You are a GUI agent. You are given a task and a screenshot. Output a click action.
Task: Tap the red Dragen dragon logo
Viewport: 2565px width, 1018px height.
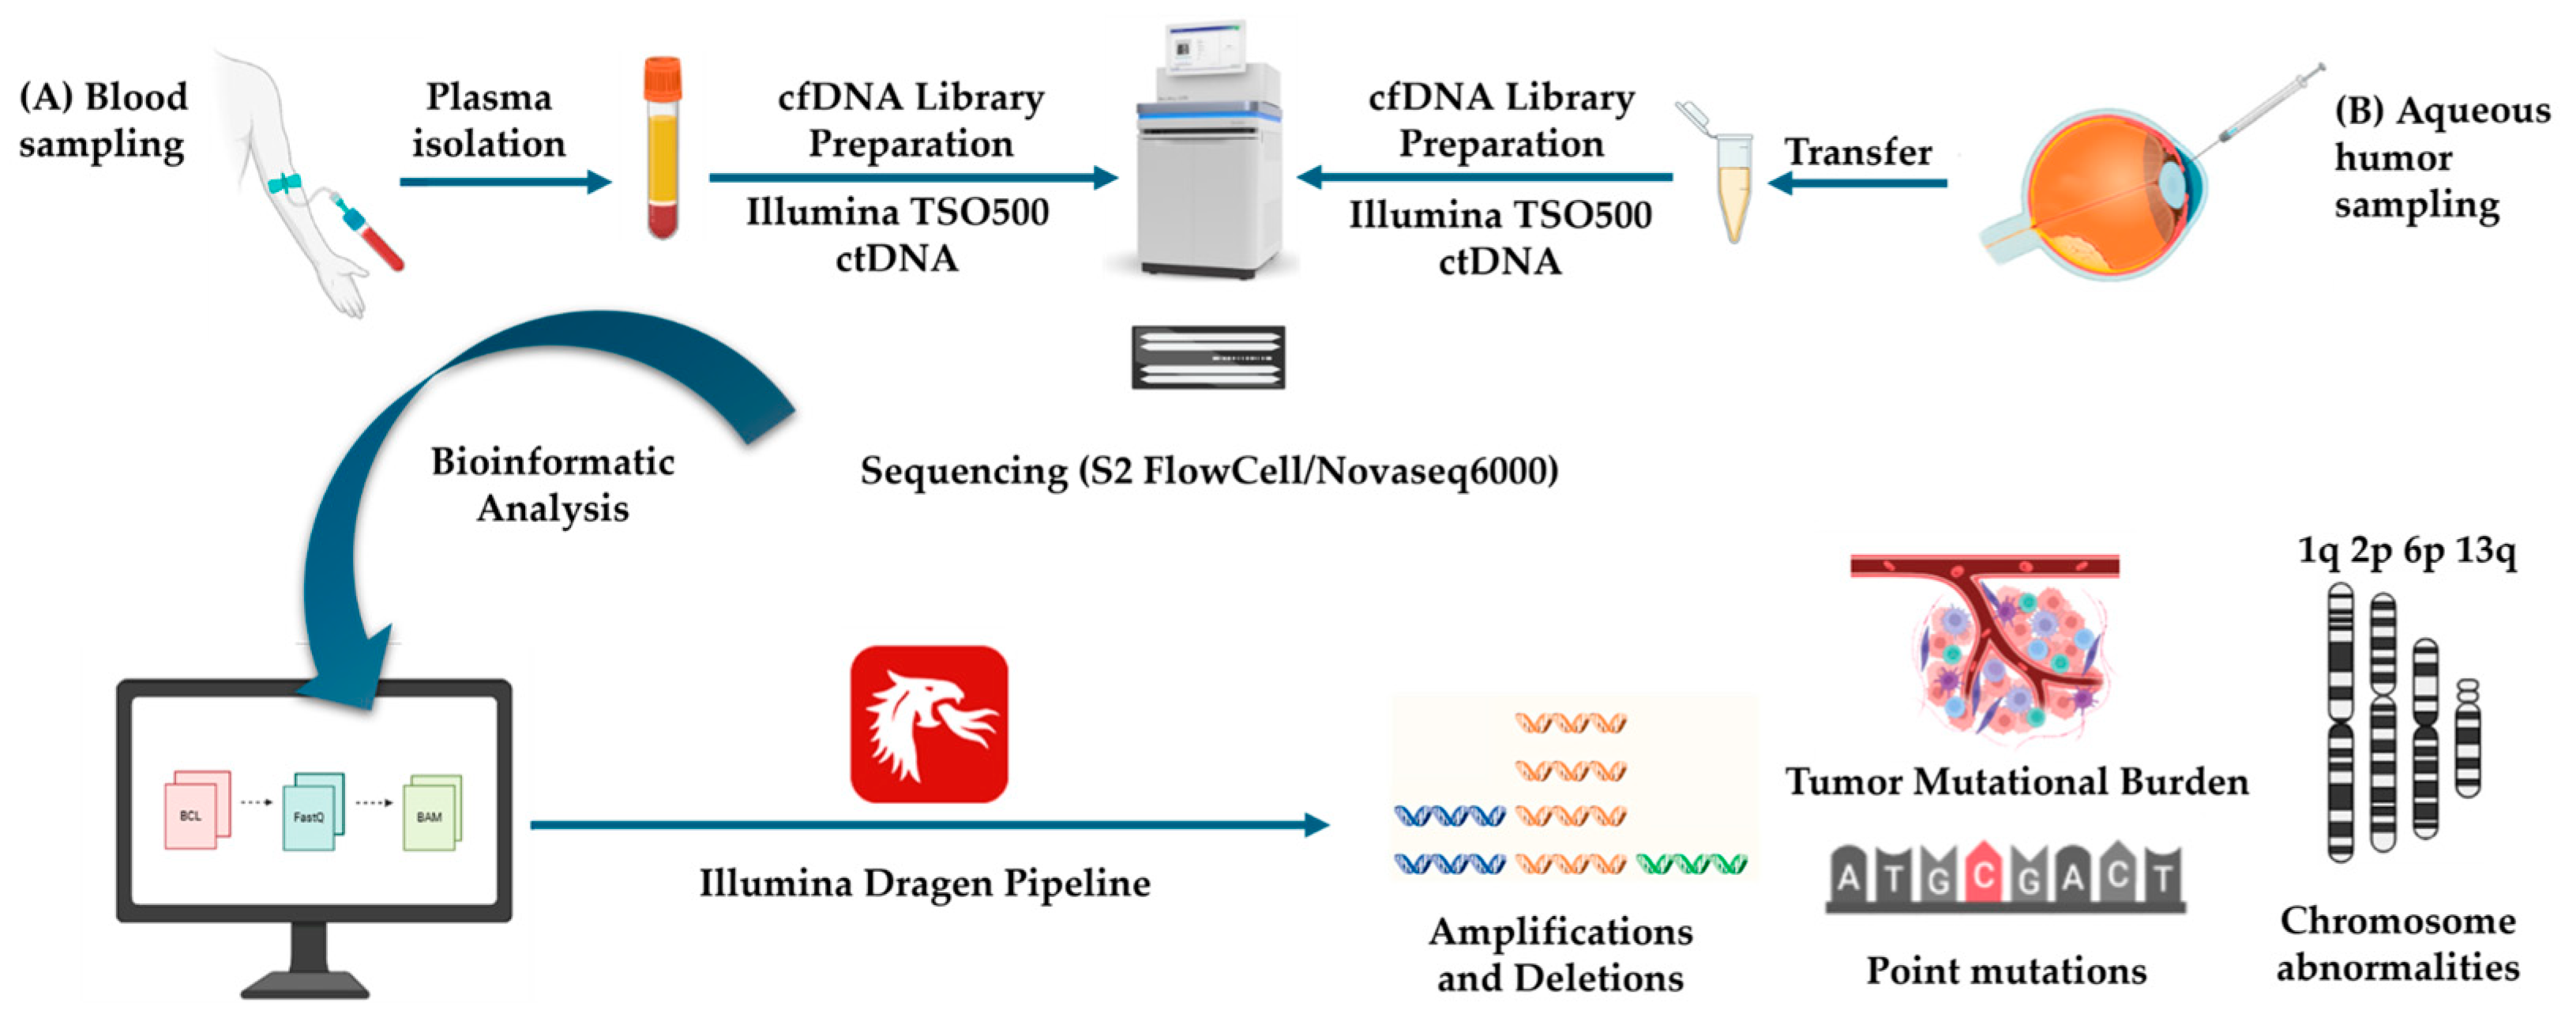click(x=928, y=724)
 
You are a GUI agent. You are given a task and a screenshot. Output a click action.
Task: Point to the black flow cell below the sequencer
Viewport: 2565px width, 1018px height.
click(x=1207, y=356)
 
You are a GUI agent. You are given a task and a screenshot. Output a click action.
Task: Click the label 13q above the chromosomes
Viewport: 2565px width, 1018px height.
click(x=2485, y=550)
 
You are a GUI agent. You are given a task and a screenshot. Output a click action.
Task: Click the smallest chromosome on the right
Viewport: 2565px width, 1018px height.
click(x=2467, y=738)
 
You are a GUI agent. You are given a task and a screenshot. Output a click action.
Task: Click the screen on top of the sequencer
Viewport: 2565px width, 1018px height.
click(x=1205, y=47)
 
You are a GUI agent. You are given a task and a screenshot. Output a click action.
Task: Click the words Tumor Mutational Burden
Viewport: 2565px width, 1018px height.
click(x=2016, y=782)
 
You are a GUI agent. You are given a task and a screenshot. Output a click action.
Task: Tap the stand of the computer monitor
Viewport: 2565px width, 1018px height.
click(x=309, y=961)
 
